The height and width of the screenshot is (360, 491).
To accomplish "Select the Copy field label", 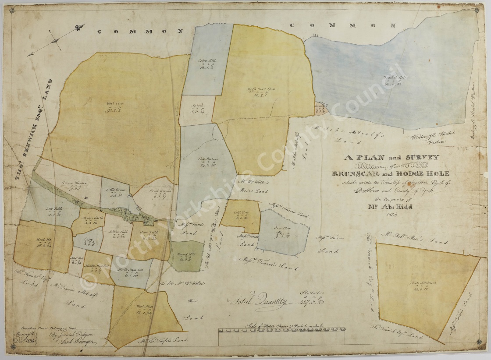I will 89,240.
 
